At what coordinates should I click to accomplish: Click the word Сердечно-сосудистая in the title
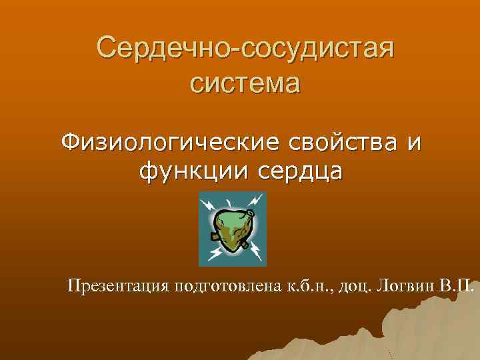[245, 48]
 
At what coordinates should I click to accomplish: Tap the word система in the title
[245, 84]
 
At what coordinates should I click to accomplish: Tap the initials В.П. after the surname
[459, 287]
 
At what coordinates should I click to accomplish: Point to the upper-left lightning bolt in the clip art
[209, 203]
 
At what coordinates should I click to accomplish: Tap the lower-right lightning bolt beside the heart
[255, 253]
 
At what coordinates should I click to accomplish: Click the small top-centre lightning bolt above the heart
[230, 200]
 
